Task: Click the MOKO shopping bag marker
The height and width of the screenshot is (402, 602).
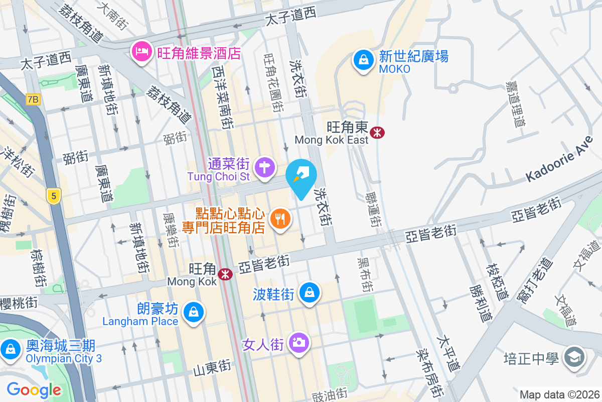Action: (x=362, y=60)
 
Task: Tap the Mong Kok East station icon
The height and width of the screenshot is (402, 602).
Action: (x=377, y=132)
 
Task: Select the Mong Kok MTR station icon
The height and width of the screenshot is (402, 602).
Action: (x=225, y=274)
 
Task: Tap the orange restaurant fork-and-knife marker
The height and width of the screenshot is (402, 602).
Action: (x=280, y=219)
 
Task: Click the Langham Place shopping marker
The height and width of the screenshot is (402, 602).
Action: (x=193, y=312)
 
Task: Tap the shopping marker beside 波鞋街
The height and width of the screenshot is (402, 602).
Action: (x=310, y=292)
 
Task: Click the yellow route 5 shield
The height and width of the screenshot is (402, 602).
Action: (x=53, y=195)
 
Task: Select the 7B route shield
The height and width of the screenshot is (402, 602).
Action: (x=33, y=99)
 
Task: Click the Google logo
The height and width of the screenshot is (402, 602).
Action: (x=34, y=389)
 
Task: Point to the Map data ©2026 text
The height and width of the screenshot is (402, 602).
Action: (x=559, y=394)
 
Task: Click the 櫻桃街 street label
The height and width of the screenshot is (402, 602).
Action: (x=19, y=303)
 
